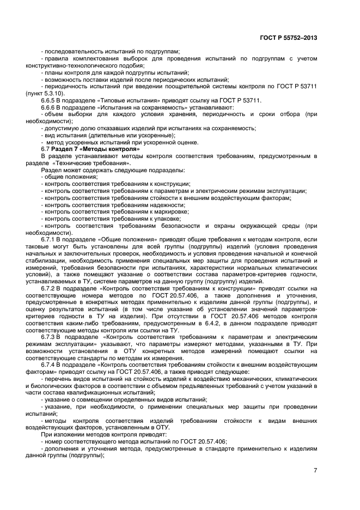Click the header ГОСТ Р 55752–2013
click(289, 38)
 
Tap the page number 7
click(315, 470)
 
